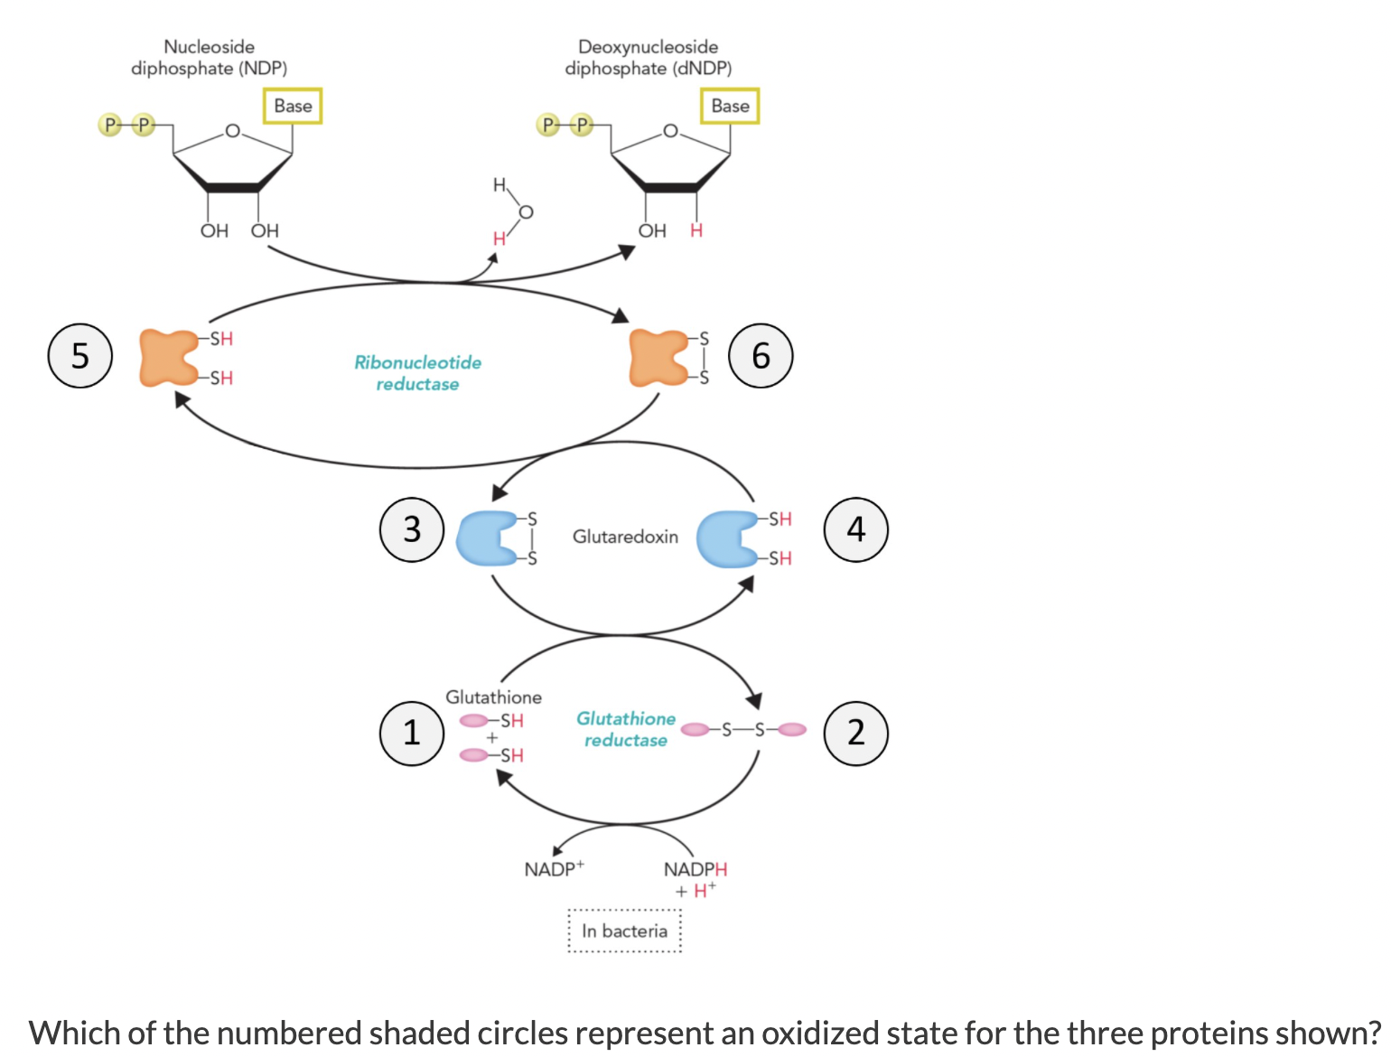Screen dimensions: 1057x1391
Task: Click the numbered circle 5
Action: click(80, 355)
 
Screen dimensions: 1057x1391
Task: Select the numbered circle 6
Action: click(761, 355)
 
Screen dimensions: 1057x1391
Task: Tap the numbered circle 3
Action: click(412, 529)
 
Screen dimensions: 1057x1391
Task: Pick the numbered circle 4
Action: click(855, 529)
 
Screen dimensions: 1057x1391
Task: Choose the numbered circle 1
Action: click(412, 733)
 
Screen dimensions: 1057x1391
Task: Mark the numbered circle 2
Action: click(855, 733)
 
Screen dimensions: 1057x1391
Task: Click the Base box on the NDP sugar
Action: click(293, 106)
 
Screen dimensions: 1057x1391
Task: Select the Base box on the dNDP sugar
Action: click(730, 106)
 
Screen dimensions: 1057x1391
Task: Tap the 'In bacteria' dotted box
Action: click(624, 931)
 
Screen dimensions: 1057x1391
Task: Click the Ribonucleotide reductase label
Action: click(417, 373)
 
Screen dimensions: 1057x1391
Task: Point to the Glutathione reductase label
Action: click(625, 729)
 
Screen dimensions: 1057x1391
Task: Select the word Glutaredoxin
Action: click(625, 537)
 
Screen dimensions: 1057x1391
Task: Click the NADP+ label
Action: click(554, 869)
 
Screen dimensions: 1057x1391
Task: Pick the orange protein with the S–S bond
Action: click(658, 358)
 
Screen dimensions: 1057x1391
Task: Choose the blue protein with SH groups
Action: click(727, 538)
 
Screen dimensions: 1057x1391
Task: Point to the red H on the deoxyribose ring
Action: click(696, 230)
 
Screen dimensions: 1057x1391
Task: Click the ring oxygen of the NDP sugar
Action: click(232, 132)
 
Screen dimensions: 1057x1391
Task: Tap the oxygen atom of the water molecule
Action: click(526, 212)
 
